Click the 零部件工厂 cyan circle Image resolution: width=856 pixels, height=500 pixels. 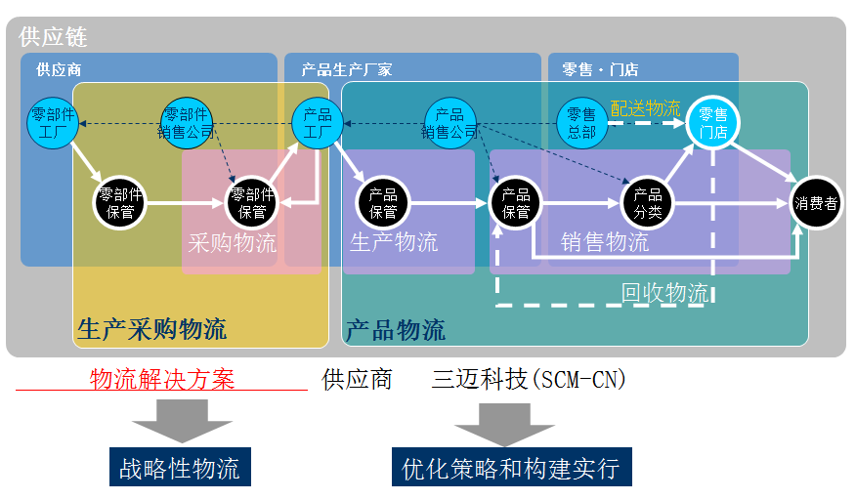tap(52, 123)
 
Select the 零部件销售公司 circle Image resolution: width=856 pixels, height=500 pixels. tap(186, 123)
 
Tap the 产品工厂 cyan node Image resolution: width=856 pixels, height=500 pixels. tap(318, 123)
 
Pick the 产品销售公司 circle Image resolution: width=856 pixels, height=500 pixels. tap(449, 123)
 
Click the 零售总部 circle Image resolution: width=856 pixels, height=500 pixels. tap(581, 123)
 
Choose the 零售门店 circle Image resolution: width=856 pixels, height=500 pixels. tap(713, 123)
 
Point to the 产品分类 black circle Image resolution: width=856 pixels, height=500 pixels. tap(648, 203)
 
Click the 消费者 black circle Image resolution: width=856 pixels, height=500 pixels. tap(815, 203)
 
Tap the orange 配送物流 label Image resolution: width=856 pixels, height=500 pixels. tap(645, 108)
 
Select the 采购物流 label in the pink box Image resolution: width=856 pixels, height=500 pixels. tap(233, 243)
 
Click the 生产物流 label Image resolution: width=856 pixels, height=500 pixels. tap(394, 242)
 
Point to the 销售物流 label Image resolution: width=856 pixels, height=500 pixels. tap(605, 242)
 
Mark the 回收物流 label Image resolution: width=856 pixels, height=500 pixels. tap(665, 292)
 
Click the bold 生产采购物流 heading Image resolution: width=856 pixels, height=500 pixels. tap(151, 330)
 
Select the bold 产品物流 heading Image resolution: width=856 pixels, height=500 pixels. tap(396, 330)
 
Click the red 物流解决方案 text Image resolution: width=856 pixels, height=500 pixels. tap(162, 379)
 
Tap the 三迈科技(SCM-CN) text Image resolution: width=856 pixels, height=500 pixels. tap(529, 379)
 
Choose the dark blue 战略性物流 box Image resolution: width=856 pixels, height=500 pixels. tap(180, 467)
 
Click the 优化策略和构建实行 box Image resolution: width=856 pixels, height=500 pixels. tap(511, 467)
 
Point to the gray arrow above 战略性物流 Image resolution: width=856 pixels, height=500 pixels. tap(182, 421)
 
